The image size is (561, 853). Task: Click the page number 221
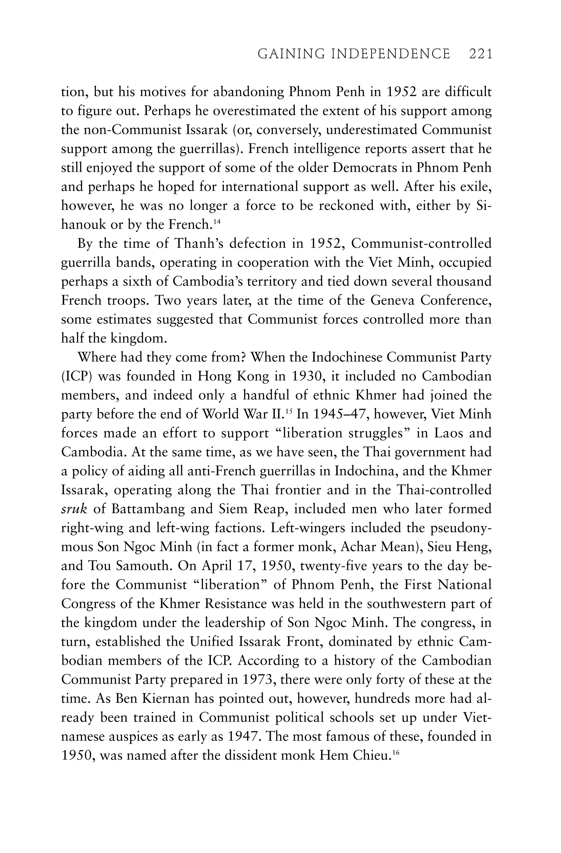tap(480, 54)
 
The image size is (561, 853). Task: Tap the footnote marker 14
tap(216, 222)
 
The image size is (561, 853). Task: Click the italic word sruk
tap(74, 509)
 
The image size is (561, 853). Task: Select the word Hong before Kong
tap(214, 377)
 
